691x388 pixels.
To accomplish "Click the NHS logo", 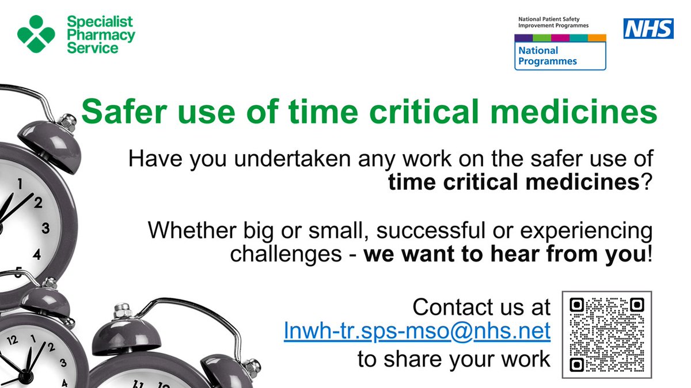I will tap(648, 28).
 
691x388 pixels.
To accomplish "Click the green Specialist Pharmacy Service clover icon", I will tap(36, 34).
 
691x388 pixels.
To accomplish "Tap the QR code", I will tap(606, 335).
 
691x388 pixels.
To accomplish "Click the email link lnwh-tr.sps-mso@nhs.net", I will tap(417, 333).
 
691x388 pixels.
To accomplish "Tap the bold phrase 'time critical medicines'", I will tap(514, 183).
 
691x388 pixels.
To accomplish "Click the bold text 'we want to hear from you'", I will tap(505, 254).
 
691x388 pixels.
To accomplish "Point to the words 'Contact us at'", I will tap(481, 307).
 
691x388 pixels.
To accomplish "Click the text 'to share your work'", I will tap(454, 359).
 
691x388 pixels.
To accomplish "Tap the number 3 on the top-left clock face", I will tap(45, 228).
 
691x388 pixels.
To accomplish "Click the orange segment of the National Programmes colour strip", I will tap(597, 38).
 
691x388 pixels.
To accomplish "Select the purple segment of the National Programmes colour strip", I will tap(523, 38).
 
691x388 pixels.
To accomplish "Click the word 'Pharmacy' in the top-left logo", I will tap(101, 35).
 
